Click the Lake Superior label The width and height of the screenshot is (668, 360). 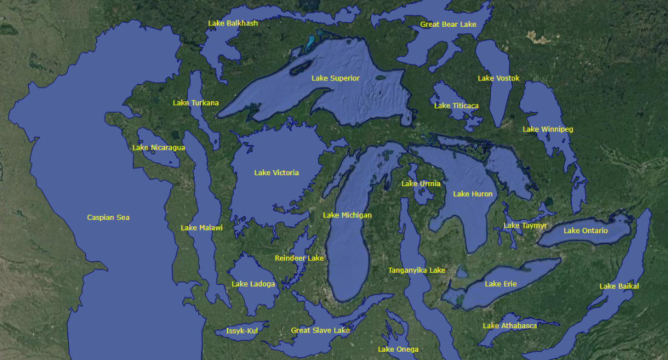click(x=335, y=78)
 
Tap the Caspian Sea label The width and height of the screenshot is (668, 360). click(x=108, y=218)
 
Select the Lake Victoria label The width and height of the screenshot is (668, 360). click(x=276, y=173)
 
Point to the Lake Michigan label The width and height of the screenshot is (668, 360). click(x=347, y=215)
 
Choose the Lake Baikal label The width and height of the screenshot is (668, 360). click(x=618, y=287)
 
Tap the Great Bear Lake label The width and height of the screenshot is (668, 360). click(x=448, y=24)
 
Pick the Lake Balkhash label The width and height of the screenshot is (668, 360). click(x=233, y=23)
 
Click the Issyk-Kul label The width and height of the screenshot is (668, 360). click(x=242, y=331)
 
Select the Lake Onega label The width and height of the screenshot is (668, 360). click(x=398, y=349)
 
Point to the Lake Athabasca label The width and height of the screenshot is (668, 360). click(x=509, y=326)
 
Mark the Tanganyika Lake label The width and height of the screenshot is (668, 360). click(x=416, y=270)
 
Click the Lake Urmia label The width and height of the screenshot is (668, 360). click(x=421, y=184)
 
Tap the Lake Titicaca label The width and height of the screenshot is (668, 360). click(x=456, y=106)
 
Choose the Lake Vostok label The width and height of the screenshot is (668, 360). click(x=498, y=78)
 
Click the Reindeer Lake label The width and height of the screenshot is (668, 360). click(x=299, y=258)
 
